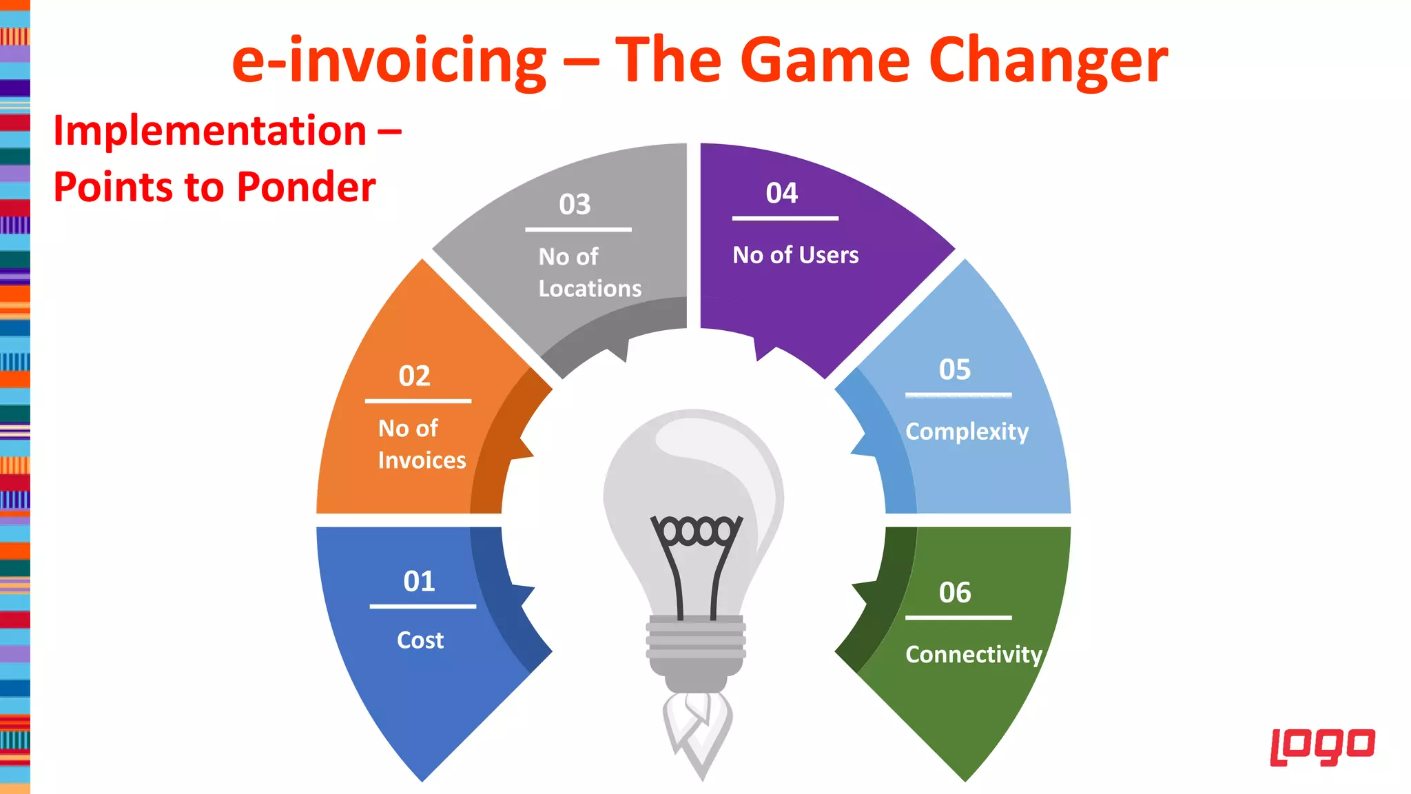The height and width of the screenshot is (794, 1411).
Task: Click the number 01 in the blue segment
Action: click(419, 582)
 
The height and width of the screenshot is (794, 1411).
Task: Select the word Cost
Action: click(420, 640)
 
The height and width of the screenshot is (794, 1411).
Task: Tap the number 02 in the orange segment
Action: click(414, 376)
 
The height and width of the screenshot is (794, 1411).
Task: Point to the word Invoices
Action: click(422, 460)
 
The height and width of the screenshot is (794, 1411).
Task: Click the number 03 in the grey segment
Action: click(575, 205)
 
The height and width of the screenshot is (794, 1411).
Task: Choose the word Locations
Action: click(590, 289)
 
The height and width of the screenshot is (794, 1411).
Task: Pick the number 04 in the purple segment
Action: click(781, 194)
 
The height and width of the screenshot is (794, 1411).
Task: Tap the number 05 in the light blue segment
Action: click(954, 370)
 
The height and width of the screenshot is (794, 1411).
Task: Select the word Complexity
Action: click(966, 432)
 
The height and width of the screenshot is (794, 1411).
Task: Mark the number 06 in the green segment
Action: click(954, 593)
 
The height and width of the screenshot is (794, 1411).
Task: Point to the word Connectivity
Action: click(973, 655)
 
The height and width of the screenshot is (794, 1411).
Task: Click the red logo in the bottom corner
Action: click(1322, 746)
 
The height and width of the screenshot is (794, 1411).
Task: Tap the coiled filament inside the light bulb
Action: click(697, 531)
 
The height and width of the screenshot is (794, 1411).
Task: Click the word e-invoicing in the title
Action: click(389, 61)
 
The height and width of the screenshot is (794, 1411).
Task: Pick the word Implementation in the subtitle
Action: click(209, 131)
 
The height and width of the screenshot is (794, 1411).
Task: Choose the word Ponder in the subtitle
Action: click(307, 187)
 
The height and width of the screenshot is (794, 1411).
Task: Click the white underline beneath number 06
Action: click(958, 618)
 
